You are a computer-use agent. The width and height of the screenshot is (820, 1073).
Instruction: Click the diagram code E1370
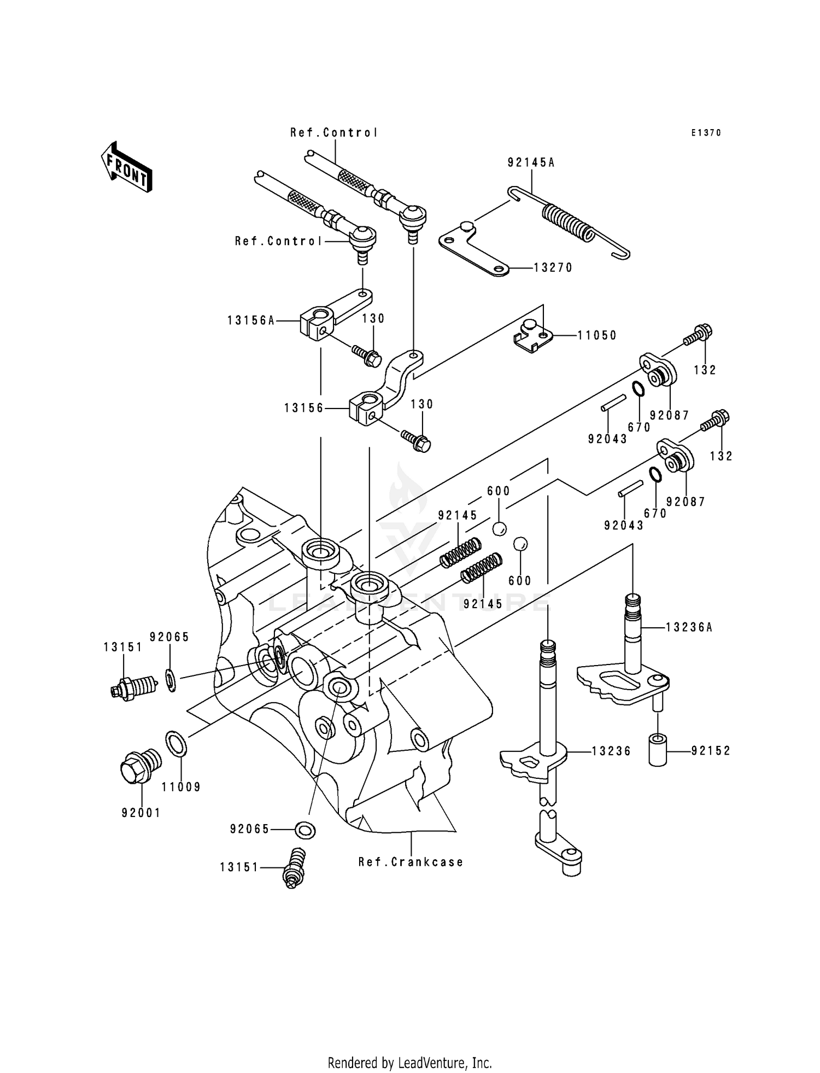[x=706, y=133]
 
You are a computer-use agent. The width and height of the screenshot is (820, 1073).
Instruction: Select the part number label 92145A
[x=531, y=162]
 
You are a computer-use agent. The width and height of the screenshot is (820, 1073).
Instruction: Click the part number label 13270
[x=553, y=268]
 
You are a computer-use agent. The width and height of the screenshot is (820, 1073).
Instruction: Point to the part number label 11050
[x=597, y=335]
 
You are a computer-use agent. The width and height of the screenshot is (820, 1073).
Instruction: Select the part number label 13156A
[x=251, y=320]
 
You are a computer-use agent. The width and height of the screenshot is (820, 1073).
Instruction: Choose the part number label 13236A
[x=689, y=627]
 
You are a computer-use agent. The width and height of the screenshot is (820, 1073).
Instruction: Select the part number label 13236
[x=611, y=751]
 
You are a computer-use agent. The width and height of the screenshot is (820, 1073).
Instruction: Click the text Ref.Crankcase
[x=411, y=862]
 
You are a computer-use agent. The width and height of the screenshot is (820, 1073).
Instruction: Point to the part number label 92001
[x=141, y=813]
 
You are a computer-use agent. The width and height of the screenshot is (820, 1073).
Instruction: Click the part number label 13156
[x=304, y=408]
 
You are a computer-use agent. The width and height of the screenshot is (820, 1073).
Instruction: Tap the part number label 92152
[x=711, y=751]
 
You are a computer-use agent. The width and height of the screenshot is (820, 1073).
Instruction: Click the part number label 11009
[x=181, y=787]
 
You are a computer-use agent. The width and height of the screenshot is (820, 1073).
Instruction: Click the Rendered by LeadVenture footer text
[x=409, y=1063]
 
